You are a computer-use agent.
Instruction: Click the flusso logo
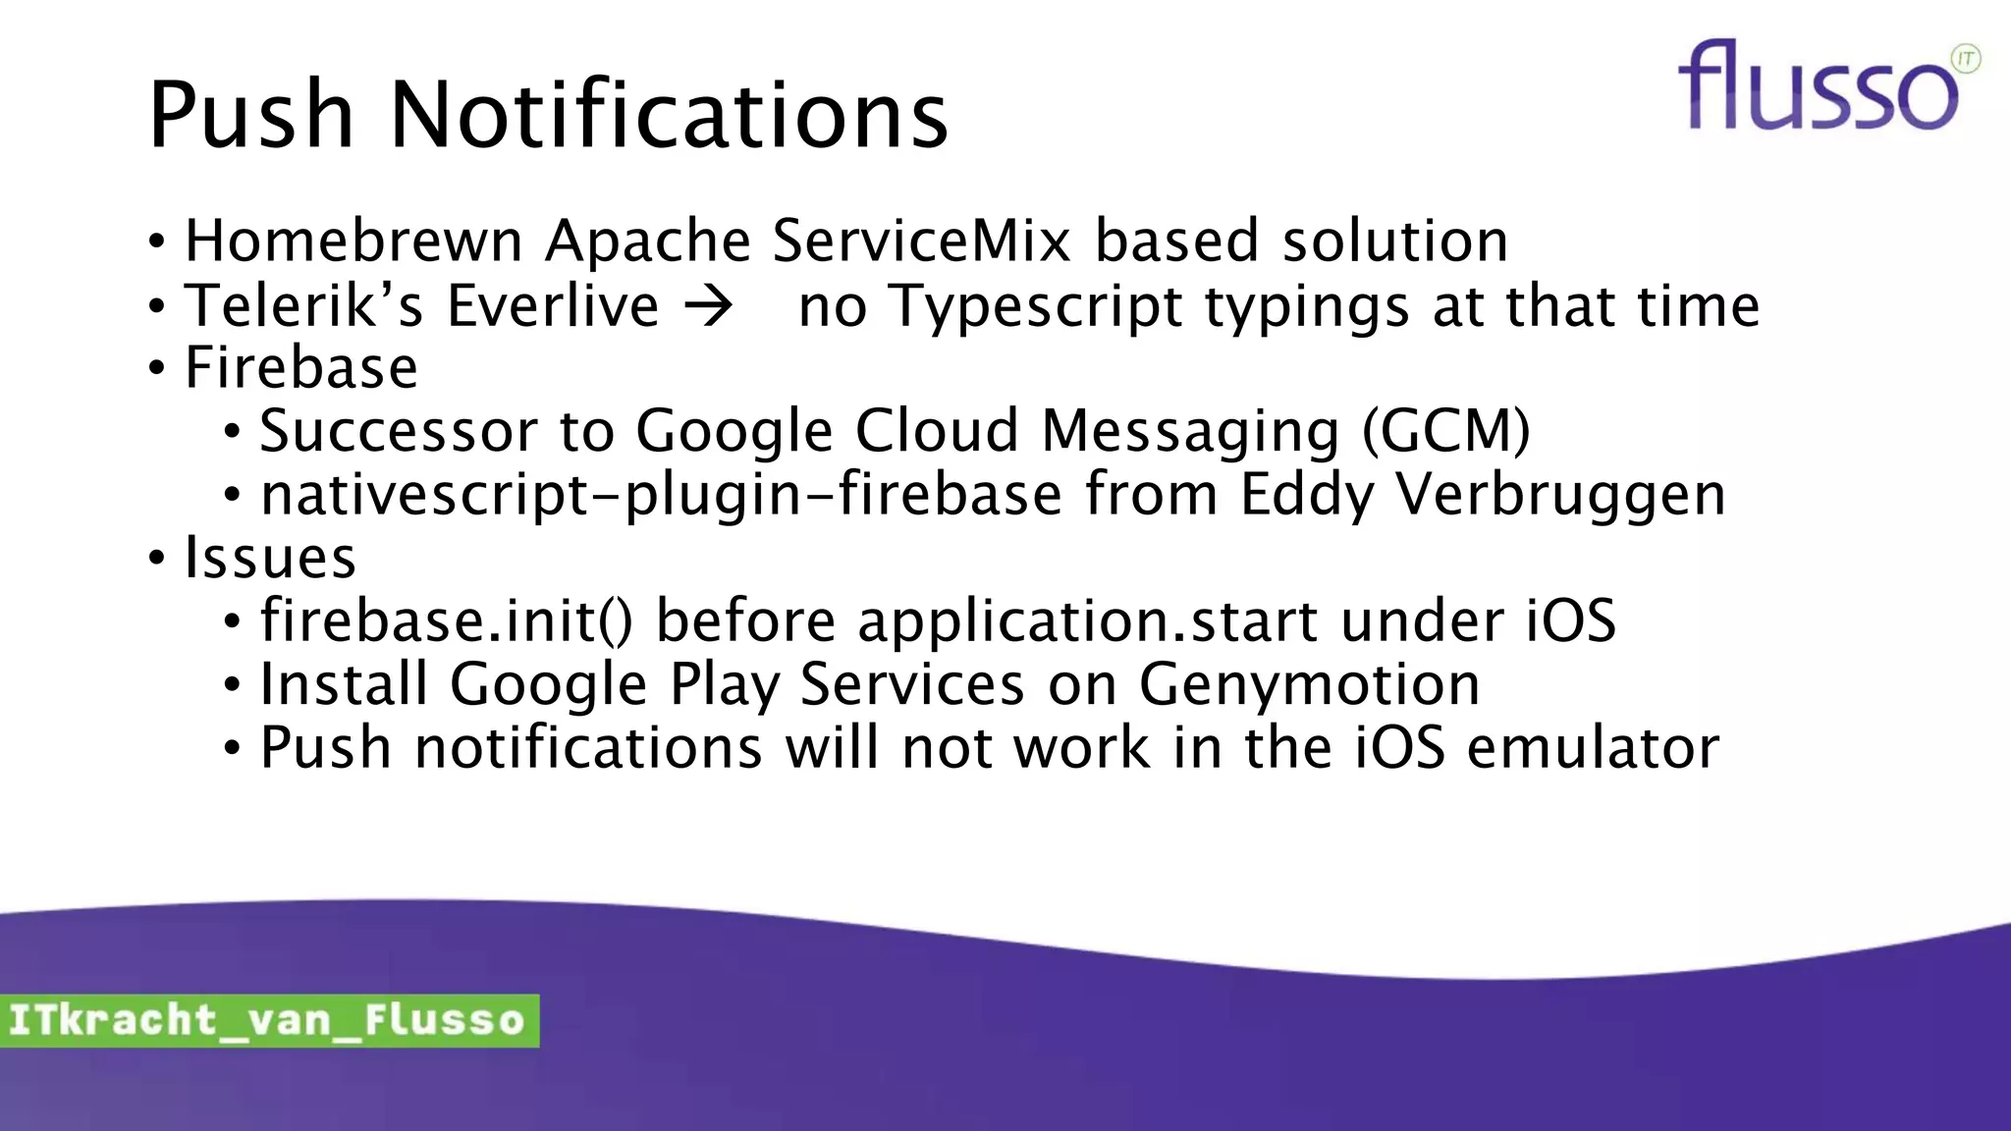1817,86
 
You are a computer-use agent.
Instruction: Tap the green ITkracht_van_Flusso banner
268,1020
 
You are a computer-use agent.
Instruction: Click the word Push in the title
251,116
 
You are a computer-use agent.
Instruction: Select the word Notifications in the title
669,116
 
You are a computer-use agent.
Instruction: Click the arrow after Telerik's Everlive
709,306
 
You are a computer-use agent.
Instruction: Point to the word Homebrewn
353,242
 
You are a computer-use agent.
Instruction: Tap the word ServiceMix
921,242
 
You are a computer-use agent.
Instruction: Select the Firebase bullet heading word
301,369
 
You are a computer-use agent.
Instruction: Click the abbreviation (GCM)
1445,432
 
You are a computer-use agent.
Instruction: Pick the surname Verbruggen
1560,495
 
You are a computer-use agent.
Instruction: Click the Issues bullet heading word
270,558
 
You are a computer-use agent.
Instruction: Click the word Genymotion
1309,685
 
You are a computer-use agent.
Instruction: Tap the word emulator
1593,748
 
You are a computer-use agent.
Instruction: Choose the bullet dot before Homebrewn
157,242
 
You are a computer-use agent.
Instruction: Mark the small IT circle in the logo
1966,59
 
